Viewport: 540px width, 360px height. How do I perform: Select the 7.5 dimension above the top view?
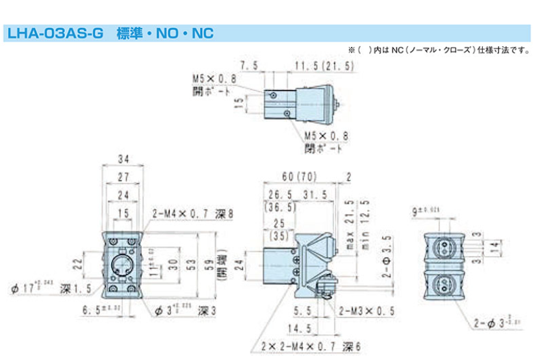[250, 66]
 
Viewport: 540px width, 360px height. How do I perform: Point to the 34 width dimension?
[123, 159]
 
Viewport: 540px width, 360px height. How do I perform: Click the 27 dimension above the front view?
[123, 177]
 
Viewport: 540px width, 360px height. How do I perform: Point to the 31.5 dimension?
[314, 194]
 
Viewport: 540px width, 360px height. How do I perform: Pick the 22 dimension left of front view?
[75, 264]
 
